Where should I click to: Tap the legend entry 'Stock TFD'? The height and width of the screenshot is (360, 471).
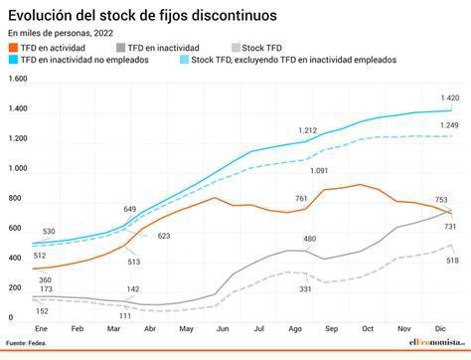tap(261, 48)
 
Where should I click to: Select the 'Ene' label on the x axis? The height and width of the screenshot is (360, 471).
tap(42, 327)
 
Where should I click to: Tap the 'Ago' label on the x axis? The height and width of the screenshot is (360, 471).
tap(294, 327)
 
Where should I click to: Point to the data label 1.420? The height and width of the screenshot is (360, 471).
tap(450, 98)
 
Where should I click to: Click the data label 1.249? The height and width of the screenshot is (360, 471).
tap(450, 124)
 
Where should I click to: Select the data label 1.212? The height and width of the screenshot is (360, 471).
tap(306, 130)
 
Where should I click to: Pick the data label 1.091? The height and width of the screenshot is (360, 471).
tap(320, 171)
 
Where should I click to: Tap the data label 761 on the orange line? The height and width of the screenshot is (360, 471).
tap(301, 199)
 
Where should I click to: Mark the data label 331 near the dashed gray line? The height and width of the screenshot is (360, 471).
tap(306, 289)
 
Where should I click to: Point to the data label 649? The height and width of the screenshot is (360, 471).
tap(130, 209)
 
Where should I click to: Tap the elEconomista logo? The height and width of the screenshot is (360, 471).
tap(434, 343)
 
